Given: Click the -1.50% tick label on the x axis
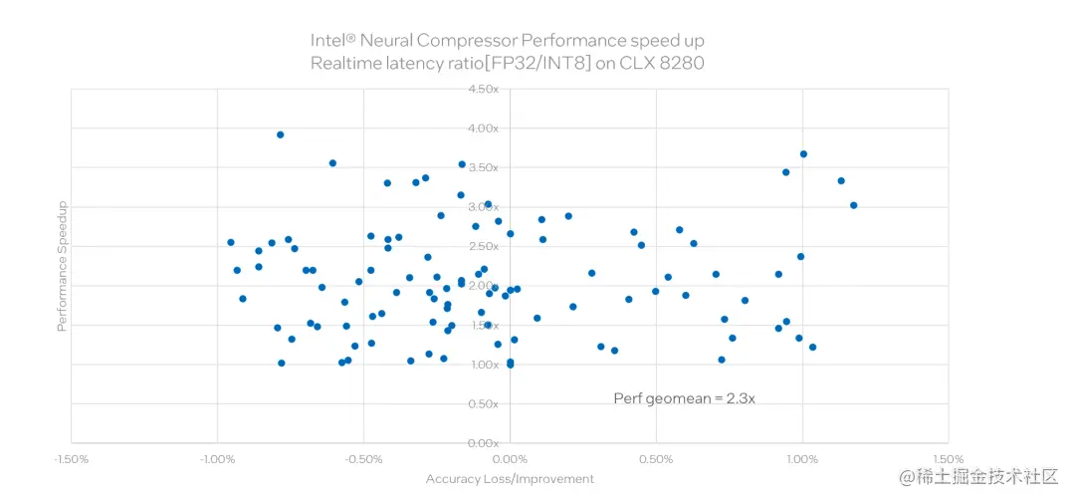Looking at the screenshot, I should point(72,459).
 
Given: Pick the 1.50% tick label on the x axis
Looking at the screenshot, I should point(948,459).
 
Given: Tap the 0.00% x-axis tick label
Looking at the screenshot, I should point(510,459).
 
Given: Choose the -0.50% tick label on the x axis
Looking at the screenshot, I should point(363,459).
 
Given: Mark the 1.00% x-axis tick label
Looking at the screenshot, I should point(802,459).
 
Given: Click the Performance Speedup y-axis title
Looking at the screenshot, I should point(62,266).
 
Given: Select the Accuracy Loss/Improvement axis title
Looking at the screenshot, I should point(510,479).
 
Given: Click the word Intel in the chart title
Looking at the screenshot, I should point(332,41).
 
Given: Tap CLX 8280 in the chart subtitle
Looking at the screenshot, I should point(666,64).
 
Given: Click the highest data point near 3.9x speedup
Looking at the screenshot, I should point(281,134).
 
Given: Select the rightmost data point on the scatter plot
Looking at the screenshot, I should point(853,205).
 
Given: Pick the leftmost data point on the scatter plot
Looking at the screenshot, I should point(231,242).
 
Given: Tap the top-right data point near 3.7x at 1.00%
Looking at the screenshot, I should point(803,153).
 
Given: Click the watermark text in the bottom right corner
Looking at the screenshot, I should point(978,477).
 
